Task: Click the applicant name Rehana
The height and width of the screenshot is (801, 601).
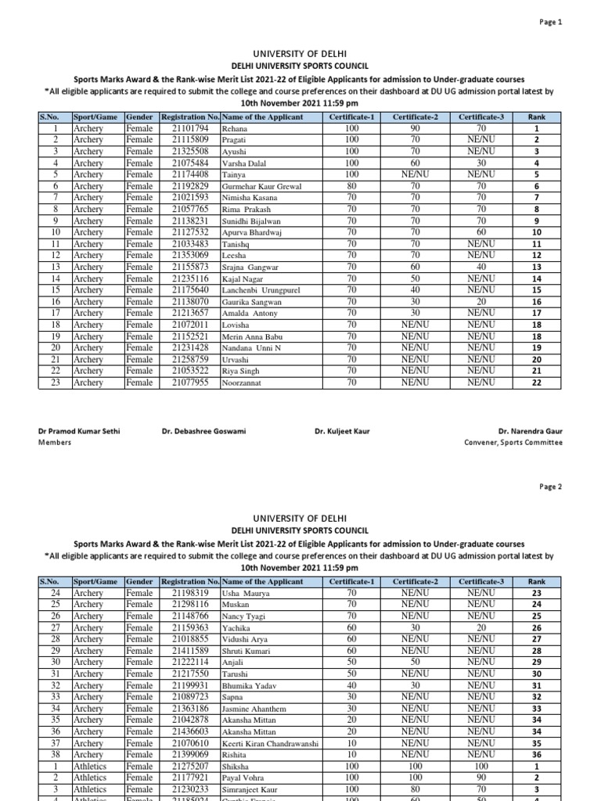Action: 236,128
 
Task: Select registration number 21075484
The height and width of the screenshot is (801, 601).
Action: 189,163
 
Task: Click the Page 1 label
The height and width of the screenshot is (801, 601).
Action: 551,23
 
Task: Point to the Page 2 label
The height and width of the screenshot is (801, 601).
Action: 551,486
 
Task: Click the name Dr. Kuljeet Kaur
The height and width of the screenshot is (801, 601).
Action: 342,431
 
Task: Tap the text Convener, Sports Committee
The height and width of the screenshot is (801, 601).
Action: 513,442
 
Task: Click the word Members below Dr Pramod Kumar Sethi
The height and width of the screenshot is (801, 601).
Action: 55,442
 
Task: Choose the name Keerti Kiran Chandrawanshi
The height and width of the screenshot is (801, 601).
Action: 270,743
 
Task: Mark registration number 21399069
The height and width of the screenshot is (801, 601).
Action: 189,755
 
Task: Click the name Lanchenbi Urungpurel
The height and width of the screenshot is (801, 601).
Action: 261,290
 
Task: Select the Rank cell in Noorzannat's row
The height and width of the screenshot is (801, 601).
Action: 537,383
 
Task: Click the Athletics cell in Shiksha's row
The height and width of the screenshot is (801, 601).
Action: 90,767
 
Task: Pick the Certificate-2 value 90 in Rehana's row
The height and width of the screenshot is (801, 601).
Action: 416,128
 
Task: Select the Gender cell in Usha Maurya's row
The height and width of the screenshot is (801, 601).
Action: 139,593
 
